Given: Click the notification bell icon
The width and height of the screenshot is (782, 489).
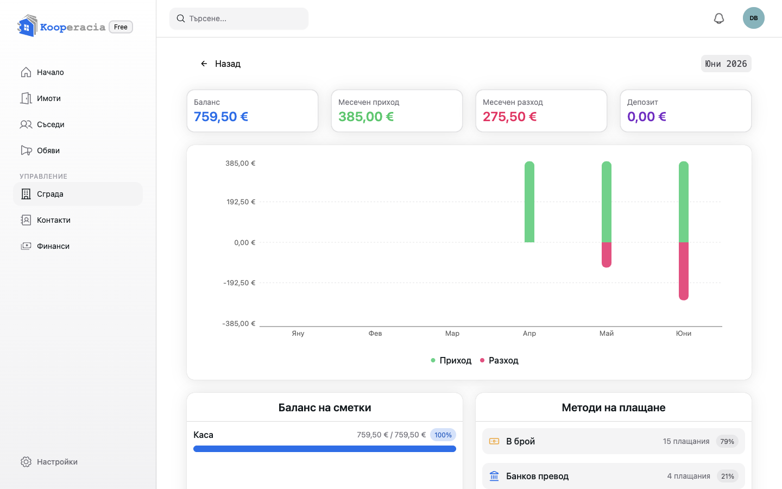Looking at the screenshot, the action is tap(719, 18).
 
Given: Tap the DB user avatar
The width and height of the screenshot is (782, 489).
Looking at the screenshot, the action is tap(753, 18).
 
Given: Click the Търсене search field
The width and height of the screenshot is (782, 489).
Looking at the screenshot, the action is tap(239, 18).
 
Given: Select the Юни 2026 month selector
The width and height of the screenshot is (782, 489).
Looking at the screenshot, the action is tap(726, 64).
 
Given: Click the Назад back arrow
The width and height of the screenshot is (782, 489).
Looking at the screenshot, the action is tap(204, 64).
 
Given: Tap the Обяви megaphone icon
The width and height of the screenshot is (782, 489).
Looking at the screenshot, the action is tap(26, 150).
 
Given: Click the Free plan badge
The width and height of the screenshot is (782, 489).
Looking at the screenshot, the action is tap(121, 27).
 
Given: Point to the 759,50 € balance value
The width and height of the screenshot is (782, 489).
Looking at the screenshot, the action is tap(220, 116).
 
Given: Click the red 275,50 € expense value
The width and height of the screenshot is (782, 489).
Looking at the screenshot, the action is tap(509, 116).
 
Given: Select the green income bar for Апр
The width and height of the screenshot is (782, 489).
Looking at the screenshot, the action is tap(529, 202).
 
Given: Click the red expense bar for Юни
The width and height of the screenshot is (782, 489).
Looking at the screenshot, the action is tap(684, 271).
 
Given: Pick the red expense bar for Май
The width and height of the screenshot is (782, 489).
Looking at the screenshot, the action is tap(607, 255).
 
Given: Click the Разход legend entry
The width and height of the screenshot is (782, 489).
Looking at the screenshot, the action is tap(499, 360).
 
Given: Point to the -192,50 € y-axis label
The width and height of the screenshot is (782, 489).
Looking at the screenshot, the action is tap(239, 283).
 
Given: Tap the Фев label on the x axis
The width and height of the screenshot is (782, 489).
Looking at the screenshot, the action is tap(375, 333).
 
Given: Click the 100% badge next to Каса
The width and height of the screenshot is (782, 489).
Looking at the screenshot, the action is tap(443, 435).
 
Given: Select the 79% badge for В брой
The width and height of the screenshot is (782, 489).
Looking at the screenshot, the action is tap(727, 441).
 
